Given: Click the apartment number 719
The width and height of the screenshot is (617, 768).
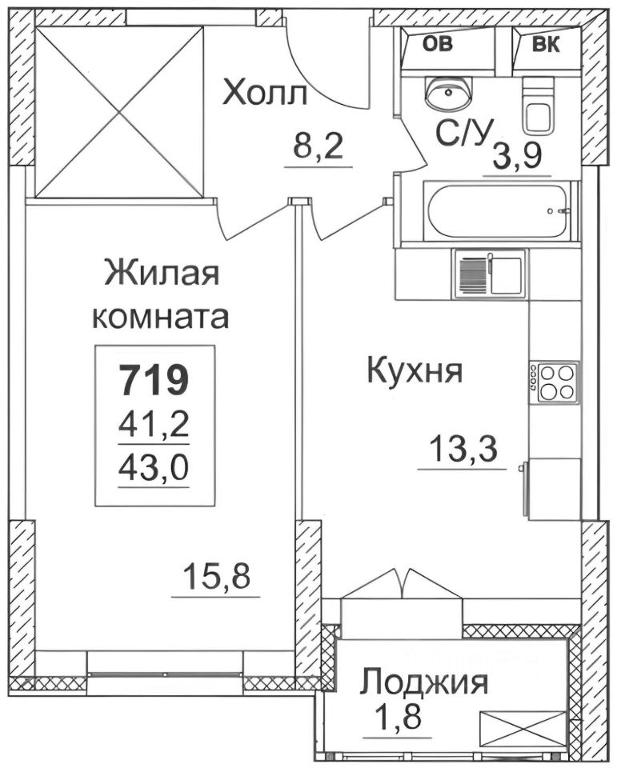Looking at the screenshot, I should coord(154,378).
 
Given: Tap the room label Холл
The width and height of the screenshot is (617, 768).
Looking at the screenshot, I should coord(265,94).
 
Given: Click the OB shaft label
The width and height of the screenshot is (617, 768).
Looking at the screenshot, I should coord(437,44).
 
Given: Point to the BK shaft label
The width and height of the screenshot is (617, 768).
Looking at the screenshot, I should coord(546,44).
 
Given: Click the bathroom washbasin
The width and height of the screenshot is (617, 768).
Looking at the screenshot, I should coord(448,93).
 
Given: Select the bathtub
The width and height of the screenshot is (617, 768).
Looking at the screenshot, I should coord(499,212).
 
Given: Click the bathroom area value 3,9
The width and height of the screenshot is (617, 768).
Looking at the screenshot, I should coord(520,154).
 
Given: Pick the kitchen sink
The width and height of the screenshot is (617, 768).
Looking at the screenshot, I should coord(489,273).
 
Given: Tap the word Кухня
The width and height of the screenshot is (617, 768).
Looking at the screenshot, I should coord(415,371).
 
